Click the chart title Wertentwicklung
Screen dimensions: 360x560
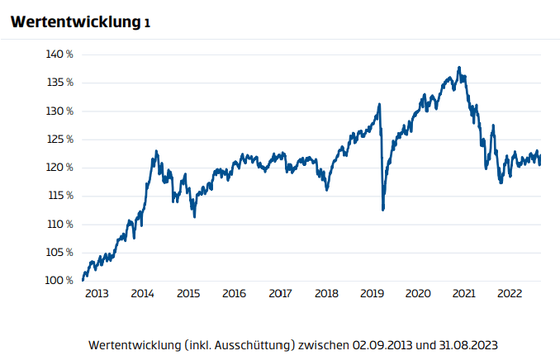click(73, 22)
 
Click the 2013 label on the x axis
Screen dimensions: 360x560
click(96, 294)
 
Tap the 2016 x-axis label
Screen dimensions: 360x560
click(234, 294)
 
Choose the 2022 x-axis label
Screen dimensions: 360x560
click(510, 294)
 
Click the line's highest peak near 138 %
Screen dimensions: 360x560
click(459, 68)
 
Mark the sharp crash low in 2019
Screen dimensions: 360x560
click(383, 210)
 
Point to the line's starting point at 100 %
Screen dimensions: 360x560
click(83, 280)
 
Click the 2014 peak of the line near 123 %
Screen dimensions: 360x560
click(157, 151)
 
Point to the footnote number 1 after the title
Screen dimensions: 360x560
click(147, 24)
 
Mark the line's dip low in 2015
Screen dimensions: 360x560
click(194, 216)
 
